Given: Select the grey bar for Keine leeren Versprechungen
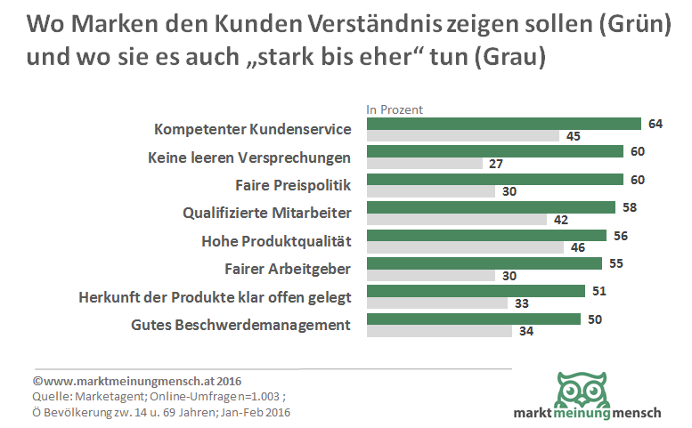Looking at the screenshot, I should pyautogui.click(x=424, y=164).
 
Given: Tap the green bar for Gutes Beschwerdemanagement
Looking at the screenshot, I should pyautogui.click(x=474, y=319).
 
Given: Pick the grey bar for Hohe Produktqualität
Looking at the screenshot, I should pyautogui.click(x=465, y=247).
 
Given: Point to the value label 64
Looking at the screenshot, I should pyautogui.click(x=655, y=124).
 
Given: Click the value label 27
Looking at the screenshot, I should pyautogui.click(x=497, y=164).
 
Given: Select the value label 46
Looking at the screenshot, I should pyautogui.click(x=577, y=247).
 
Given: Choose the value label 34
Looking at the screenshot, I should pyautogui.click(x=525, y=332).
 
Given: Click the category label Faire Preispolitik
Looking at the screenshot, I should pyautogui.click(x=293, y=186).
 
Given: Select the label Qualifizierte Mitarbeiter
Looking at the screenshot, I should pyautogui.click(x=267, y=213).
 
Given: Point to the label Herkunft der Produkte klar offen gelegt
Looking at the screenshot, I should pyautogui.click(x=215, y=296).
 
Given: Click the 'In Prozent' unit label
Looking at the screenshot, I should pyautogui.click(x=395, y=109).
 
